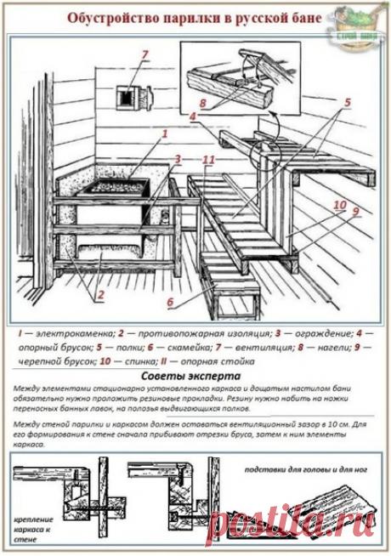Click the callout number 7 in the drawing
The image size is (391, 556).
(145, 55)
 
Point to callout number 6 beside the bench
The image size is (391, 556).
(169, 301)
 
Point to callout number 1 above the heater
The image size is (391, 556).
(164, 133)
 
